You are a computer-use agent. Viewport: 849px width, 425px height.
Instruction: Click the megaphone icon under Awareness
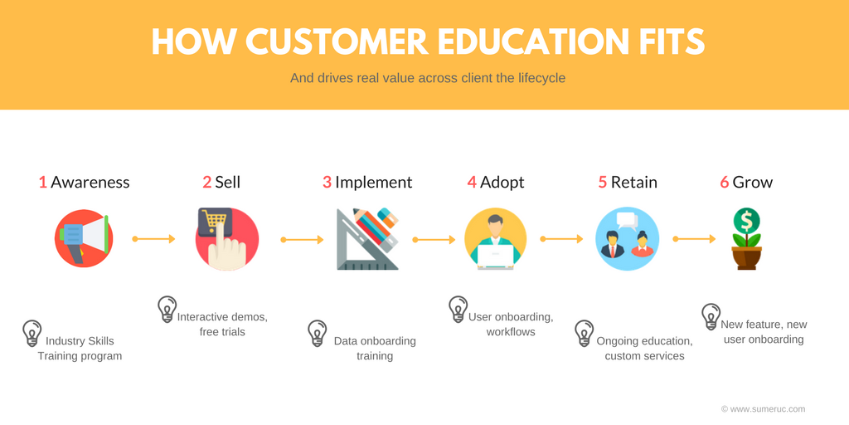click(84, 238)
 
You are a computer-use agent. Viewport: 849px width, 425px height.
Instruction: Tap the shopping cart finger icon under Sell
click(227, 239)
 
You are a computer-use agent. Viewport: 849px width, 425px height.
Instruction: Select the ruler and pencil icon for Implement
click(367, 238)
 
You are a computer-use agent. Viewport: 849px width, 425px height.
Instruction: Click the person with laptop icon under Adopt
click(496, 238)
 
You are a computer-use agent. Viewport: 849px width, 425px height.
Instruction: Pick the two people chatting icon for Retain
click(627, 238)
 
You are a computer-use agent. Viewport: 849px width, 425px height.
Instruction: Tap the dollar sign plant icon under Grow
click(746, 239)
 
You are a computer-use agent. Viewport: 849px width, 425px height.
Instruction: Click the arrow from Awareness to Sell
click(153, 238)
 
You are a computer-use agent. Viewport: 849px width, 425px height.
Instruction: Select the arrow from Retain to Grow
click(694, 238)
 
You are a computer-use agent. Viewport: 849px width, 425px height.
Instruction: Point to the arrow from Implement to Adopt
click(434, 239)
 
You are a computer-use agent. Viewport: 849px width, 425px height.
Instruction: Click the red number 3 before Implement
click(327, 182)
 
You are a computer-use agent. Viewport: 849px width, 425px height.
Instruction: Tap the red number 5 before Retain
click(603, 182)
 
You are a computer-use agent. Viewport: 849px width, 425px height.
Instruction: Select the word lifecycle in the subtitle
click(543, 78)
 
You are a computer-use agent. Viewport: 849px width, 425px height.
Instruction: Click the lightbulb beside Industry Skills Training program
click(32, 334)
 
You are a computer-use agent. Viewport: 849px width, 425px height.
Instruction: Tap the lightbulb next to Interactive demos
click(167, 310)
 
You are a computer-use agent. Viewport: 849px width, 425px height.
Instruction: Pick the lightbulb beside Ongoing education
click(585, 334)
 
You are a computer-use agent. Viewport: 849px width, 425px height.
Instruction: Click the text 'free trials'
click(222, 331)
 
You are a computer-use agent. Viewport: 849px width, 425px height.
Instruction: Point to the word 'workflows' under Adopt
click(511, 331)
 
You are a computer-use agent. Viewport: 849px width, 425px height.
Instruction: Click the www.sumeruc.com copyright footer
click(763, 409)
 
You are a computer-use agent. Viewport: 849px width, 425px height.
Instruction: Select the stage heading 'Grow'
click(753, 182)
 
